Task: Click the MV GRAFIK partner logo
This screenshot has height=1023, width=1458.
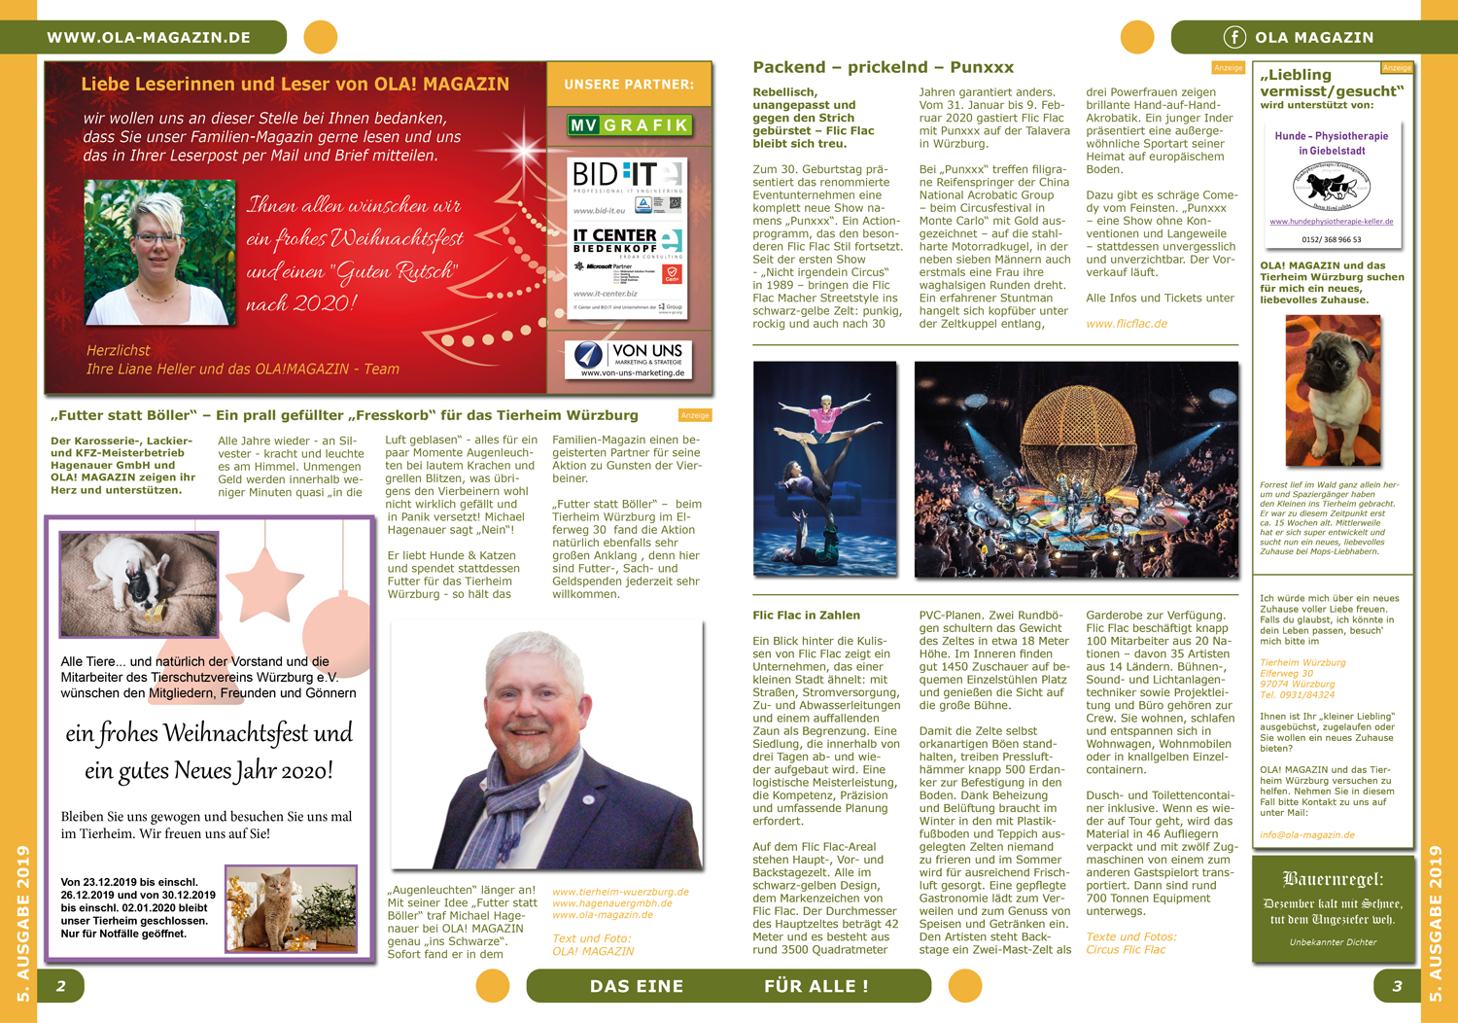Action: [x=629, y=124]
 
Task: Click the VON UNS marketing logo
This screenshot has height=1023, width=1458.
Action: [x=629, y=359]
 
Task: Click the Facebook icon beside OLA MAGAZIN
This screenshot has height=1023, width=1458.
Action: [x=1233, y=38]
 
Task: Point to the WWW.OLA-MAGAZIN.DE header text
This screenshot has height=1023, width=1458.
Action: [x=149, y=38]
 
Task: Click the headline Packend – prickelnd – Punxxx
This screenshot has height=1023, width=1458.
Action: [x=883, y=67]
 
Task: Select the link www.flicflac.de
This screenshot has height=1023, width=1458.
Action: [x=1127, y=324]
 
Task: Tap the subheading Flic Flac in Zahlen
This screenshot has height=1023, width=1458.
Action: [x=806, y=615]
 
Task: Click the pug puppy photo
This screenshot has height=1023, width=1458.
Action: [x=1332, y=390]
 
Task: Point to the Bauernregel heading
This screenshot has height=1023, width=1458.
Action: [x=1333, y=879]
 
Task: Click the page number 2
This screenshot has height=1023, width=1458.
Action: [x=60, y=986]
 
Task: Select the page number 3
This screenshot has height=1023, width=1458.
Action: [x=1397, y=986]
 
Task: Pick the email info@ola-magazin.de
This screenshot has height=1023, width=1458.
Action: [x=1306, y=834]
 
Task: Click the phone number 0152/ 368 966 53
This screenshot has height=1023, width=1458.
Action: [x=1331, y=239]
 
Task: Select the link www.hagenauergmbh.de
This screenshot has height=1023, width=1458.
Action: [x=611, y=903]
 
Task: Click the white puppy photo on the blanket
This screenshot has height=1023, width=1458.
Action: [x=138, y=583]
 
